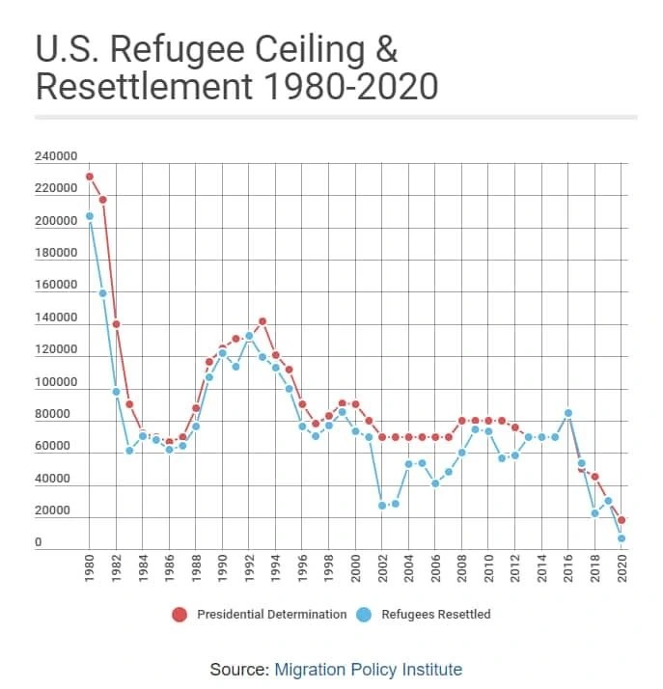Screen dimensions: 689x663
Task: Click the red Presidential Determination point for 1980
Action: (x=90, y=177)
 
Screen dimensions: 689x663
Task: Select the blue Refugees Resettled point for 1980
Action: (x=90, y=216)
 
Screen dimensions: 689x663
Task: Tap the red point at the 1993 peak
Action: (x=262, y=321)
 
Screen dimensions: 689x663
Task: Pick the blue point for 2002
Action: (x=382, y=506)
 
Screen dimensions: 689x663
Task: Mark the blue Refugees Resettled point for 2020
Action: (x=622, y=538)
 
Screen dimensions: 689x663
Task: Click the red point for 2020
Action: (x=622, y=520)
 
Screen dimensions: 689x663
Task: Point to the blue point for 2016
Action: (x=568, y=413)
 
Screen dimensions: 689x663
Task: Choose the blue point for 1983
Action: (x=129, y=451)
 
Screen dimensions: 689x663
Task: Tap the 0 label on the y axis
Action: (x=39, y=543)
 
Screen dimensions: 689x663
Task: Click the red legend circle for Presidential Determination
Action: (x=180, y=615)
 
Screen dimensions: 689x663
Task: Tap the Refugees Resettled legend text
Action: (x=436, y=615)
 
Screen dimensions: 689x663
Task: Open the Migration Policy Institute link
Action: (x=369, y=670)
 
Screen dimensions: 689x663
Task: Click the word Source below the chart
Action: (x=237, y=670)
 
